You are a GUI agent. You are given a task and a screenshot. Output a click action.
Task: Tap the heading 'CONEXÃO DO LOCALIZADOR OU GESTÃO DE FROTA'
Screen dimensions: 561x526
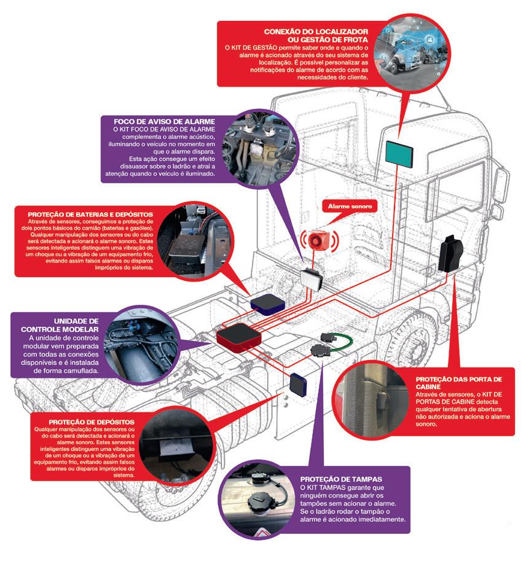click(316, 35)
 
